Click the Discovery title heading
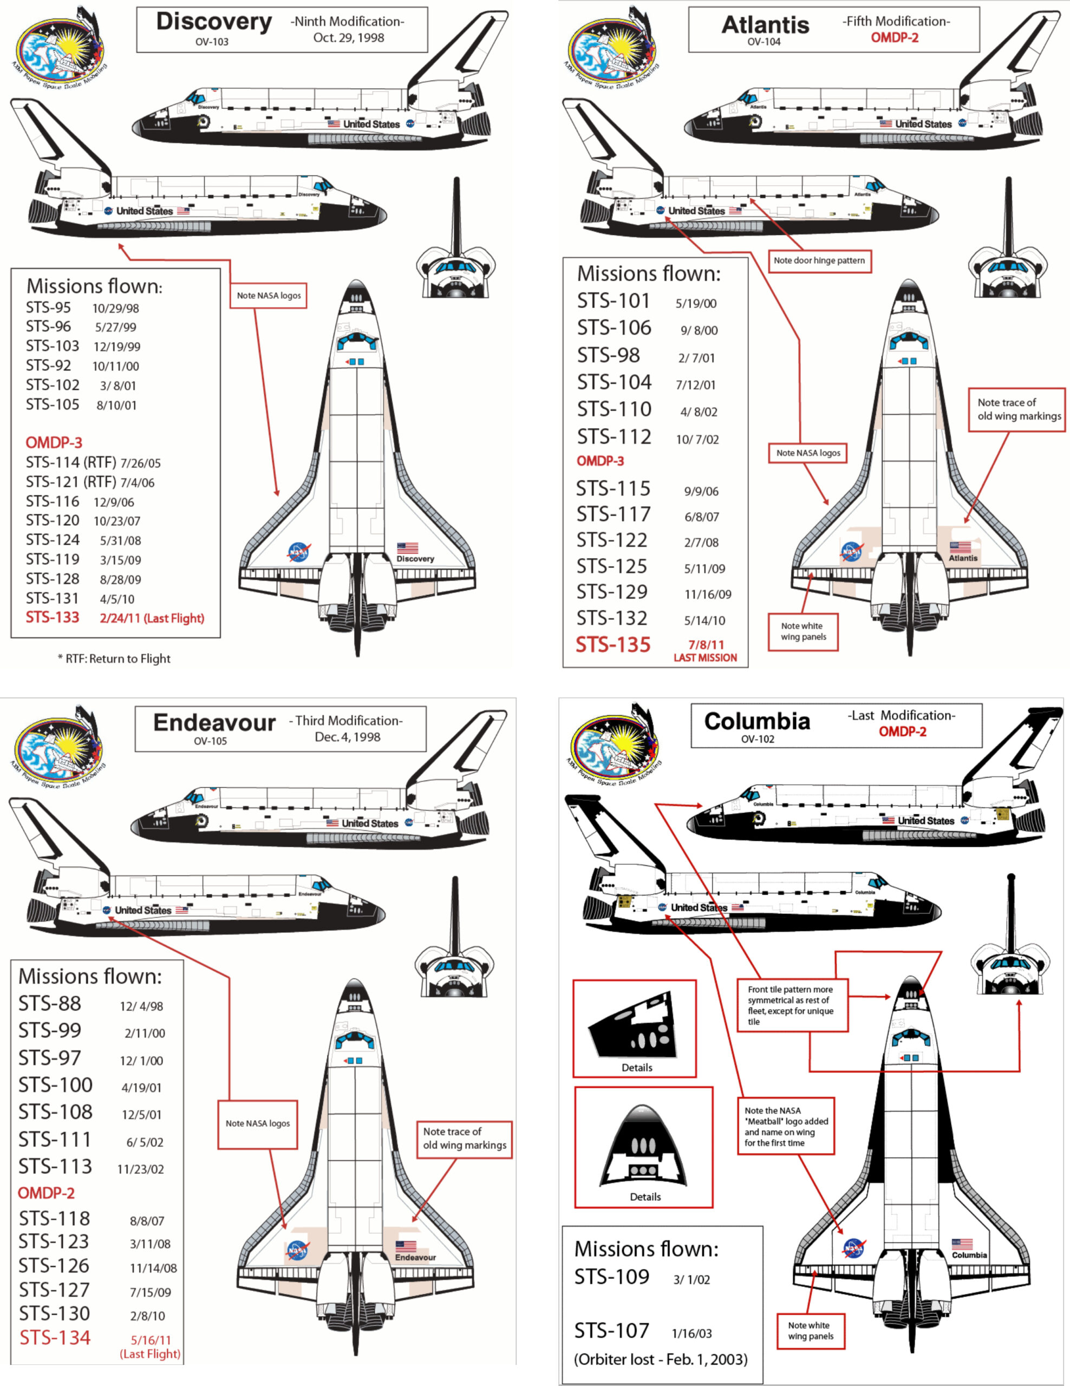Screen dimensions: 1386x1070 [214, 22]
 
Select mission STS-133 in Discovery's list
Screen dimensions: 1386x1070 [53, 618]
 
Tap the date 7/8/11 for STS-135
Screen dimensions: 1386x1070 [706, 645]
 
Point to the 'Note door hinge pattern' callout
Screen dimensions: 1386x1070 [819, 260]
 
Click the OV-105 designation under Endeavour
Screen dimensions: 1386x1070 [210, 741]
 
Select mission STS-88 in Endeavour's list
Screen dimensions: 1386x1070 [49, 1003]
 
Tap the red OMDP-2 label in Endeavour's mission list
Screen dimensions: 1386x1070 [47, 1193]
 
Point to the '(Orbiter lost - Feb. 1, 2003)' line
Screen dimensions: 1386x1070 [661, 1359]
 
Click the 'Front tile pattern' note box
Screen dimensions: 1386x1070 [791, 1005]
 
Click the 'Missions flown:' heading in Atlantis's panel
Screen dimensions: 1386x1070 [649, 273]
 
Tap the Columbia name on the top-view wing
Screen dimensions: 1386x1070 [969, 1254]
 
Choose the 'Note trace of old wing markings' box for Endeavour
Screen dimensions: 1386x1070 [465, 1138]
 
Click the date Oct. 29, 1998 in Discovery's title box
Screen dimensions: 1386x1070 [348, 38]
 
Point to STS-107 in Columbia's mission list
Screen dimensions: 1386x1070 [612, 1330]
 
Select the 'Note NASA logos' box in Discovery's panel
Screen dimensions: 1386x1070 [269, 295]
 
